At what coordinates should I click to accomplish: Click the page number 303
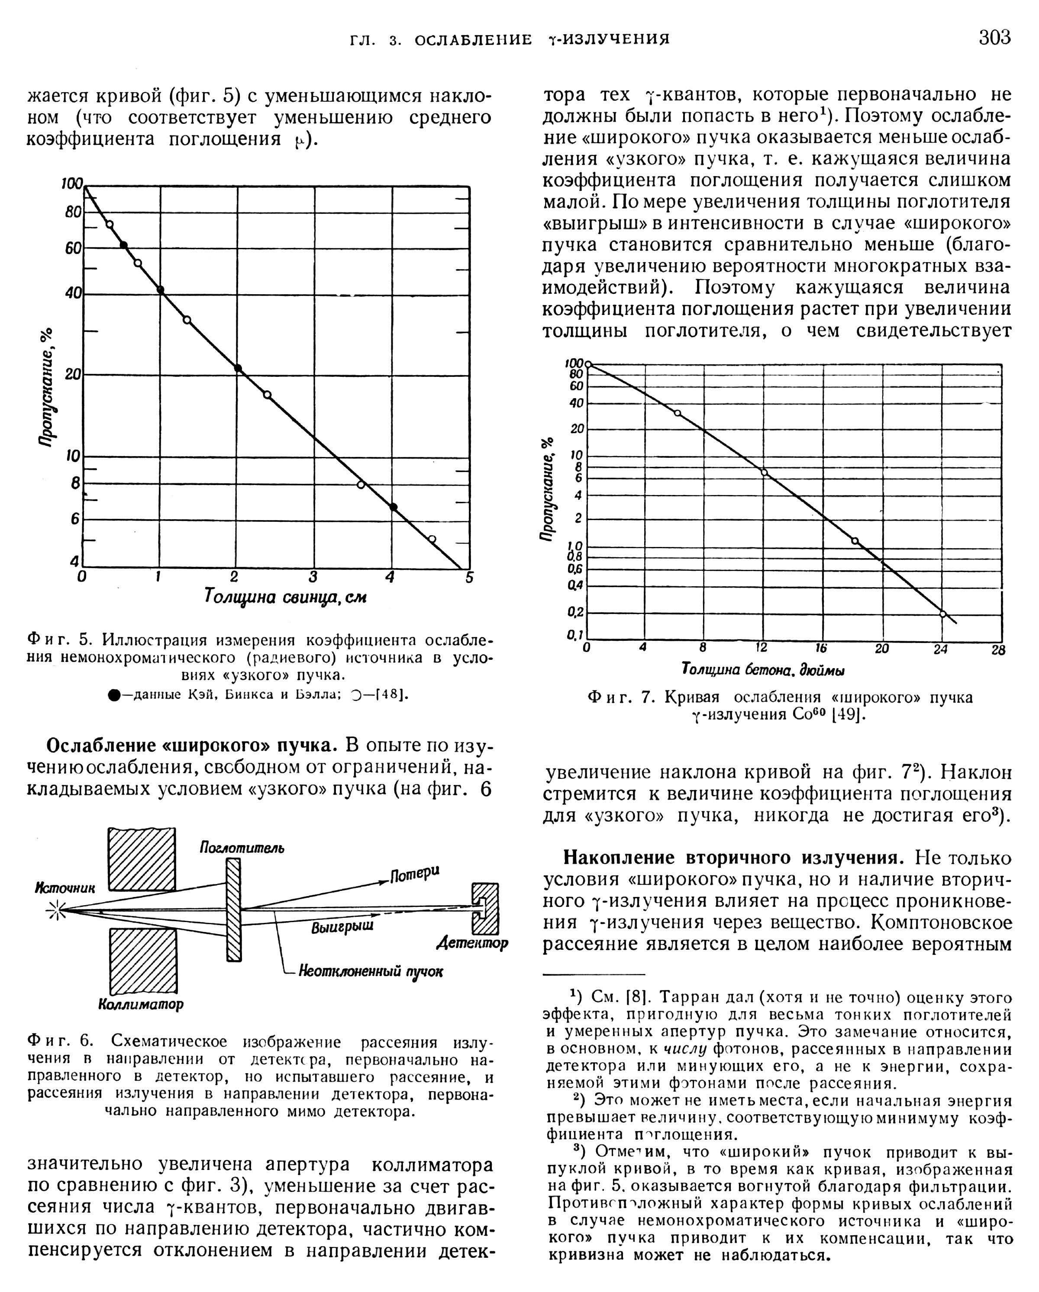click(x=994, y=37)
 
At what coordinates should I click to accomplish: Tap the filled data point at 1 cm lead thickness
click(x=160, y=291)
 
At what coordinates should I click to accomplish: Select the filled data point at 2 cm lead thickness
click(x=238, y=368)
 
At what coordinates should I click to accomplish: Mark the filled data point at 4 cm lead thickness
click(x=393, y=507)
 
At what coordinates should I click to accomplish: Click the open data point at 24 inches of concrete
click(x=942, y=614)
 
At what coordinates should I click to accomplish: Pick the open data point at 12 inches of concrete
click(x=764, y=472)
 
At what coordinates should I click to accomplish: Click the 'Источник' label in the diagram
click(x=65, y=889)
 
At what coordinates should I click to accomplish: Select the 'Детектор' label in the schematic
click(x=472, y=943)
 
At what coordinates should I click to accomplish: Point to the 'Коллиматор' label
click(x=140, y=1004)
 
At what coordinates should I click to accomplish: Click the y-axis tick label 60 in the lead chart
click(x=73, y=247)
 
